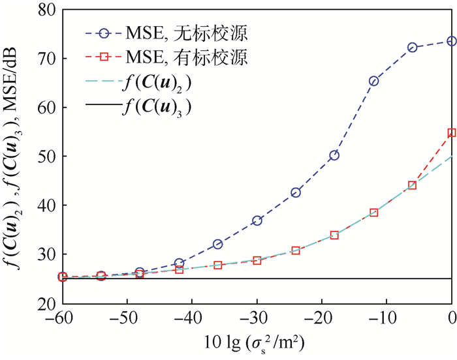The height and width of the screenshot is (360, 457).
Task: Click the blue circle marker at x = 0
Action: (x=452, y=41)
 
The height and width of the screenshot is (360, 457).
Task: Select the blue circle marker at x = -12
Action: (x=374, y=81)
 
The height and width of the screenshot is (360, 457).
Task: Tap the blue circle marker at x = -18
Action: (x=335, y=155)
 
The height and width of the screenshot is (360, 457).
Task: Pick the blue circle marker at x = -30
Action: (x=257, y=220)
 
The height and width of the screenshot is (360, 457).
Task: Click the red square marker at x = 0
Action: (x=452, y=133)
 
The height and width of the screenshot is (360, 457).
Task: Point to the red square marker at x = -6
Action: (x=413, y=185)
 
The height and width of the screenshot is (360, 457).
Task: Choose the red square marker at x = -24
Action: (x=296, y=250)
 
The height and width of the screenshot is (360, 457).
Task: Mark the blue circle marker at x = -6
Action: (x=413, y=48)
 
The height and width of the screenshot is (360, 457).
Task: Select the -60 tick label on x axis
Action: (x=61, y=320)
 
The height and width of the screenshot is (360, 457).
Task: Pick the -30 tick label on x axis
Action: (x=256, y=320)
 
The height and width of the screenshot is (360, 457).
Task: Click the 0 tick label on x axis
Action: (x=452, y=320)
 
